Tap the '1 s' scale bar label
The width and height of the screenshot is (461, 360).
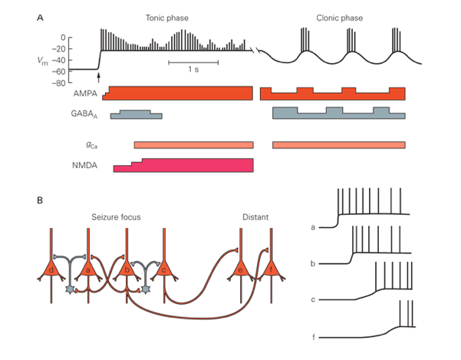(195, 70)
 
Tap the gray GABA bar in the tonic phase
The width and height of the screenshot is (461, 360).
(136, 115)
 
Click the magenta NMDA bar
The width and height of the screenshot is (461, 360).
(184, 166)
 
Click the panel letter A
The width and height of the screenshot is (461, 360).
(40, 16)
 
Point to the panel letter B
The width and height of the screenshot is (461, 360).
(40, 200)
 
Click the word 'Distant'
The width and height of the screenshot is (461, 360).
(255, 217)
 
